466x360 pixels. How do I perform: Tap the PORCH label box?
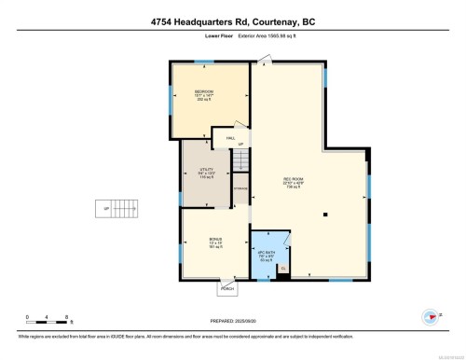click(226, 289)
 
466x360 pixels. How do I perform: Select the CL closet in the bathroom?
click(283, 270)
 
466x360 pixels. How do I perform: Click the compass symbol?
click(432, 317)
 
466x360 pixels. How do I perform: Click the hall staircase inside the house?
click(240, 159)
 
